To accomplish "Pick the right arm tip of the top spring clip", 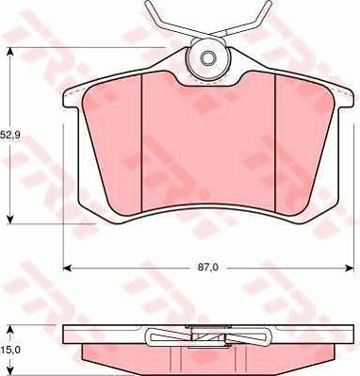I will [x=259, y=10].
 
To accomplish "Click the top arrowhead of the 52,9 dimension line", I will [x=10, y=51].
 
